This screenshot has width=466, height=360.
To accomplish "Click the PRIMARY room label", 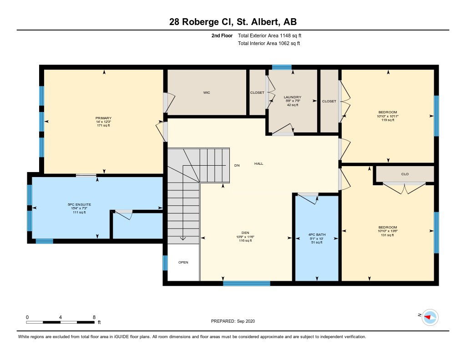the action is (x=103, y=118).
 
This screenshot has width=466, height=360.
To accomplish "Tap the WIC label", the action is (x=207, y=93).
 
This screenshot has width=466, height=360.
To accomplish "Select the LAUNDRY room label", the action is (x=293, y=97).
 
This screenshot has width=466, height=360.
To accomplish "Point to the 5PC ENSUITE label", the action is (x=79, y=204).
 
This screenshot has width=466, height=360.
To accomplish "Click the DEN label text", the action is (x=245, y=233).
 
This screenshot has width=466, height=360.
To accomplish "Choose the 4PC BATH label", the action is (x=317, y=234).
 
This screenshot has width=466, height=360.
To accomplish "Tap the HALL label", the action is (x=258, y=163).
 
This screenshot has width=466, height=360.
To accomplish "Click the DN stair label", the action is (x=237, y=166).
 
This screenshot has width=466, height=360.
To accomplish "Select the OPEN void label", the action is (x=183, y=262).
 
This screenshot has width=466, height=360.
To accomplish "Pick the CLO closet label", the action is (x=405, y=174).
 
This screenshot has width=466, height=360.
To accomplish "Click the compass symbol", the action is (x=430, y=318).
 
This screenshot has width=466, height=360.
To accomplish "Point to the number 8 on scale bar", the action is (x=94, y=317).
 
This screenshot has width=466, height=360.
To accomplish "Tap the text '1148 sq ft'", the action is (x=290, y=35).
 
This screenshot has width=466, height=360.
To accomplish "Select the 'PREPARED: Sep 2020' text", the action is (x=233, y=321).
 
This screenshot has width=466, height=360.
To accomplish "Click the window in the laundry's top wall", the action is (x=282, y=67).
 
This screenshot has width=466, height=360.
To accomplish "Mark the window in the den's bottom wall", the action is (x=246, y=283).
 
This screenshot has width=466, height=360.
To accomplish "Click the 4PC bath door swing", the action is (x=308, y=198).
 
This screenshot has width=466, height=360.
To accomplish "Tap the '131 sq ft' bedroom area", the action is (x=388, y=235).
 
